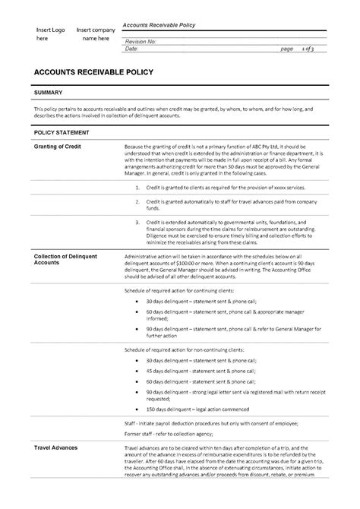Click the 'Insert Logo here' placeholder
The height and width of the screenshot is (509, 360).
click(51, 33)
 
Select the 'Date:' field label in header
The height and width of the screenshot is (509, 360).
click(130, 49)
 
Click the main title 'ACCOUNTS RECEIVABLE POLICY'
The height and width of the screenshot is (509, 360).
click(94, 72)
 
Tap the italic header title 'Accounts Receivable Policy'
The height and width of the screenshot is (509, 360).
click(159, 25)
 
